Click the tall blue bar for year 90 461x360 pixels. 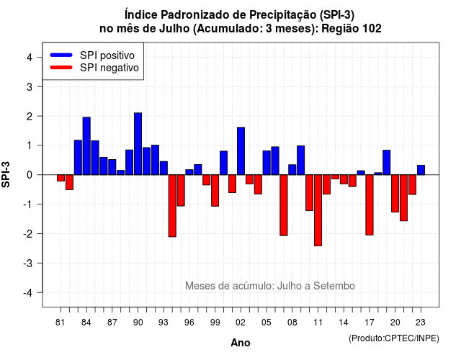coord(138,144)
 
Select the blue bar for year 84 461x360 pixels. coord(86,146)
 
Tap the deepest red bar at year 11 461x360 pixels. coord(318,210)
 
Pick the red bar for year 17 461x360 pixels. coord(370,204)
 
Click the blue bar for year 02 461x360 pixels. coord(241,151)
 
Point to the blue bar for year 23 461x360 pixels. coord(421,170)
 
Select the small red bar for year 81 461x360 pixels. coord(61,178)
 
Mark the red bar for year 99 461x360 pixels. coord(215,190)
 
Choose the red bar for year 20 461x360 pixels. coord(395,194)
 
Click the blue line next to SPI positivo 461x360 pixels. coord(61,55)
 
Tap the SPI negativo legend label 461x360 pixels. coord(109,68)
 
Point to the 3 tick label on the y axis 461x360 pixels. coord(30,86)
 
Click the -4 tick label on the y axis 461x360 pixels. coord(29,293)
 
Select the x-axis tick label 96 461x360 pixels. coord(189,323)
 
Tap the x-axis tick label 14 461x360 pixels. coord(343,323)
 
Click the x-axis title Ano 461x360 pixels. coord(241,343)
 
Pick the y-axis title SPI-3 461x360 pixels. coord(6,174)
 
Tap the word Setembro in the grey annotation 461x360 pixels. coord(334,286)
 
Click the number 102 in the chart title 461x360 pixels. coord(372,29)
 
